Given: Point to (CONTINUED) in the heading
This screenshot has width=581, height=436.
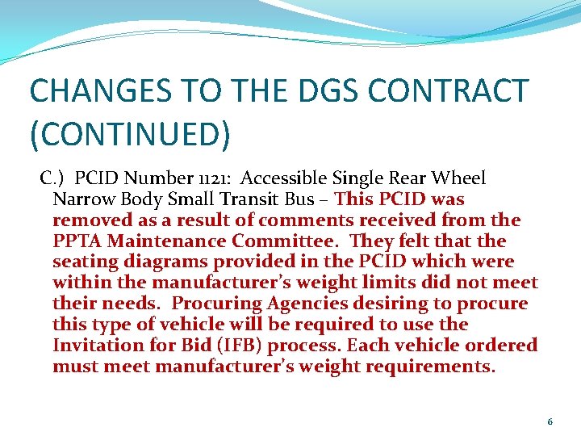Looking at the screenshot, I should coord(130,134).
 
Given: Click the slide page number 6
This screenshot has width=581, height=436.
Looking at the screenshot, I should coord(550,421).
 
